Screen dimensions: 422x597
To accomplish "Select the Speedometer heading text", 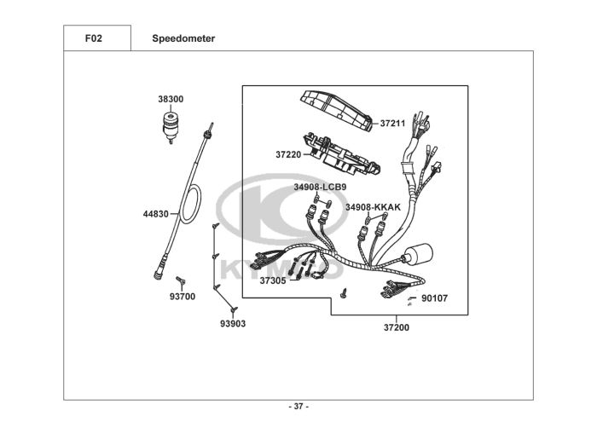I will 183,38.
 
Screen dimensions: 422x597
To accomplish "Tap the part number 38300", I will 171,99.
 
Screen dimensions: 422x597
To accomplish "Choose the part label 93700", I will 183,297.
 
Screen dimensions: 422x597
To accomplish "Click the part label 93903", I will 233,324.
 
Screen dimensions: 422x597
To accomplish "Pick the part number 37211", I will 392,123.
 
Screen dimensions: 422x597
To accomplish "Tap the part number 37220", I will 288,154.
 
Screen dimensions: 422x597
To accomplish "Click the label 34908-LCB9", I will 320,186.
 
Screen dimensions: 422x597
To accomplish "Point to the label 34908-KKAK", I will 373,207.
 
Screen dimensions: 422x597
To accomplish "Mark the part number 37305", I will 273,280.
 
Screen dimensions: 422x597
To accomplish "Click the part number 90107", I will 435,298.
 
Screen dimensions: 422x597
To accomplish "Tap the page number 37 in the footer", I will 298,406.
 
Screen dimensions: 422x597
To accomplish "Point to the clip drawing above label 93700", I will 181,280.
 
